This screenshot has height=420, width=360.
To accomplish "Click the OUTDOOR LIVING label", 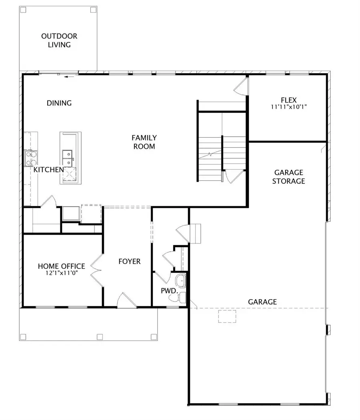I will click(x=59, y=40).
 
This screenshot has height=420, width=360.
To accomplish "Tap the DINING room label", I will click(x=59, y=103).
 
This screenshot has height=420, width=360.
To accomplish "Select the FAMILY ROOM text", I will click(x=144, y=142).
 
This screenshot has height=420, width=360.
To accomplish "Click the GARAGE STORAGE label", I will click(x=288, y=177).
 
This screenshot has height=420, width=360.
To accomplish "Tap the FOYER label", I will click(x=130, y=262).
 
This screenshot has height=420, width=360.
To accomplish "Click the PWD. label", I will click(x=169, y=291).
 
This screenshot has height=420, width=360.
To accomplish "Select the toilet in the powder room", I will click(x=182, y=297).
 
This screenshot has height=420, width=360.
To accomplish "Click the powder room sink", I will click(x=181, y=281).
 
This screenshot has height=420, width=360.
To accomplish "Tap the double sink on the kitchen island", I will click(x=67, y=157).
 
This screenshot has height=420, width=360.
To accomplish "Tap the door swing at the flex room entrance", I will click(x=242, y=86).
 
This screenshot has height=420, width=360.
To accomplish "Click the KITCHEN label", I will click(x=48, y=170).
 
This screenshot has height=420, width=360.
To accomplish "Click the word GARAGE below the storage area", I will click(x=262, y=302).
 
